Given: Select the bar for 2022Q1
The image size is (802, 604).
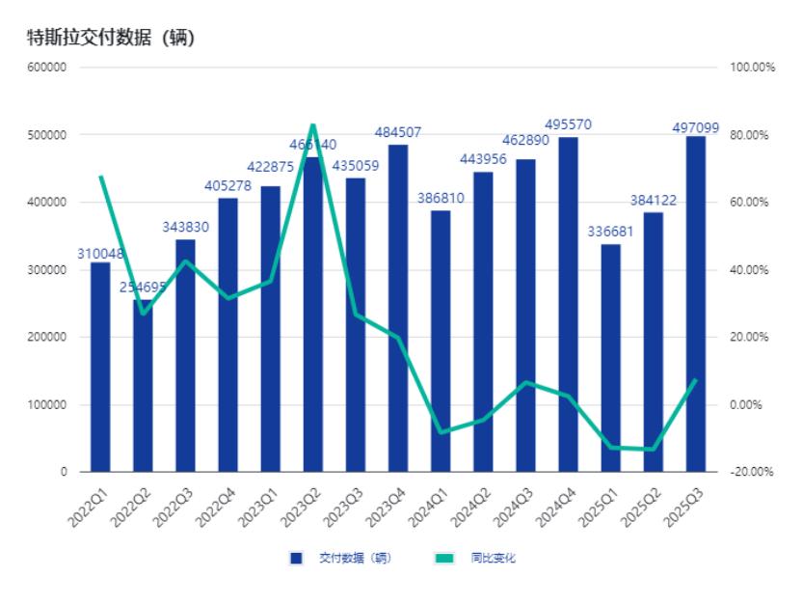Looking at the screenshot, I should pyautogui.click(x=100, y=367).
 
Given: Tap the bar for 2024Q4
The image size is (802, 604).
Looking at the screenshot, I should pyautogui.click(x=568, y=304).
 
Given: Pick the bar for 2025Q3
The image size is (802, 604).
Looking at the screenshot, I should pyautogui.click(x=695, y=304).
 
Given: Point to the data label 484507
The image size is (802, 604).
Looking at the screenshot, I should pyautogui.click(x=398, y=132).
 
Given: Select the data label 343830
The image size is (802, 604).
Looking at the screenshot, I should pyautogui.click(x=185, y=228).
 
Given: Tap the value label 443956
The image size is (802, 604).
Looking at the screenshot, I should pyautogui.click(x=483, y=160).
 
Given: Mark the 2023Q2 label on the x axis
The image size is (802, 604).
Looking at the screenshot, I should pyautogui.click(x=299, y=504).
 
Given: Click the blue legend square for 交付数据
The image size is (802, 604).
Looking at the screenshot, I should pyautogui.click(x=296, y=558).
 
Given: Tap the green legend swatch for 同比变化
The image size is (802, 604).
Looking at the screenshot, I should pyautogui.click(x=443, y=558).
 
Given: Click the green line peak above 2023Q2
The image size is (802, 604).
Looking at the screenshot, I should pyautogui.click(x=312, y=124).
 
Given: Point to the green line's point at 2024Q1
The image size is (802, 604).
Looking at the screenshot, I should pyautogui.click(x=441, y=432).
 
